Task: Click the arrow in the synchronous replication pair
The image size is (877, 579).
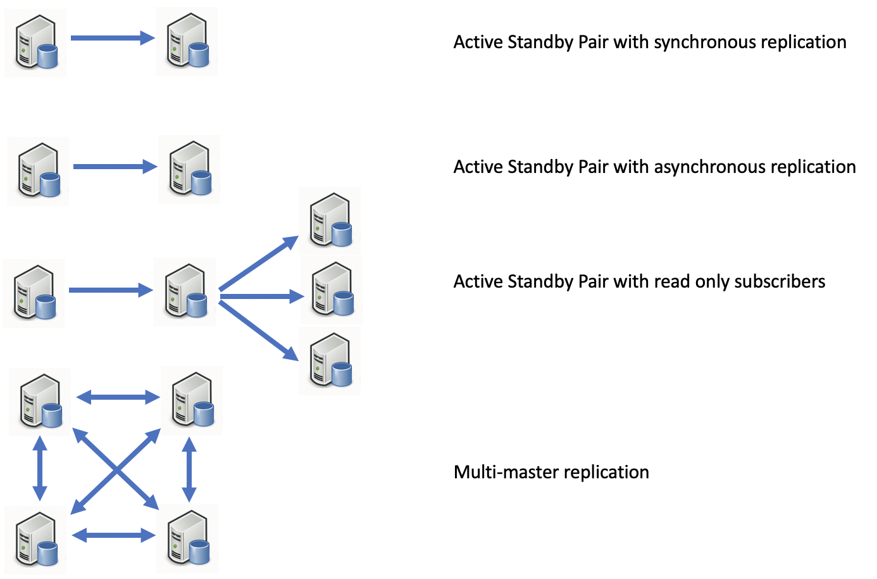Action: (x=112, y=39)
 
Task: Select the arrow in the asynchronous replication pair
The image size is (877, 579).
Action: (x=115, y=167)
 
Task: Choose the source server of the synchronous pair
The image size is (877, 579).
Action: (x=36, y=43)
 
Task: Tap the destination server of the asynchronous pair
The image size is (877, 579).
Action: (x=190, y=169)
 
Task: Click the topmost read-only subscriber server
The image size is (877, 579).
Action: (x=330, y=220)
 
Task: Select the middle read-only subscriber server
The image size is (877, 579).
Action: (x=332, y=290)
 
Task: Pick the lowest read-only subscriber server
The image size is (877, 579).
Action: (x=330, y=361)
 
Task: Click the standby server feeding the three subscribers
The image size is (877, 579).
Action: (x=185, y=292)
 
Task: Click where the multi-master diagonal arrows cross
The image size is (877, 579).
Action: (x=116, y=469)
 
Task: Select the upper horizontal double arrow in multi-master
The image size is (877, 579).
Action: (x=118, y=397)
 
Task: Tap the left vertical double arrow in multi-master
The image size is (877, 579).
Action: (x=40, y=469)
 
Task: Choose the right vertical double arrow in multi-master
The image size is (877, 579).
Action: (x=189, y=469)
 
